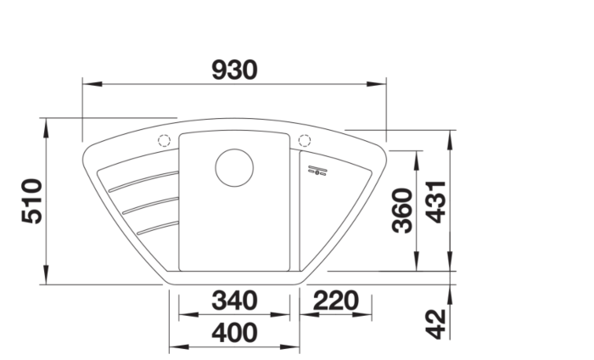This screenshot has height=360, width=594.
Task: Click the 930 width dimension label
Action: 234,70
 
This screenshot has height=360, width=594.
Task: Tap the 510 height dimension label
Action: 32,201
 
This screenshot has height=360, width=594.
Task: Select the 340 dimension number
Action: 234,301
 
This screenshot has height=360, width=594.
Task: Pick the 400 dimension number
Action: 234,333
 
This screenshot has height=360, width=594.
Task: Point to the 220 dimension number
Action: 336,301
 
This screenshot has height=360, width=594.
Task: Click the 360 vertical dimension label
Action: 402,211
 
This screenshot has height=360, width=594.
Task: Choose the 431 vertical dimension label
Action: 435,202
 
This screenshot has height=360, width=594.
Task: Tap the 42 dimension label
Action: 435,324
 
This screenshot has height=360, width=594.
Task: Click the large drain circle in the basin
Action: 234,167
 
